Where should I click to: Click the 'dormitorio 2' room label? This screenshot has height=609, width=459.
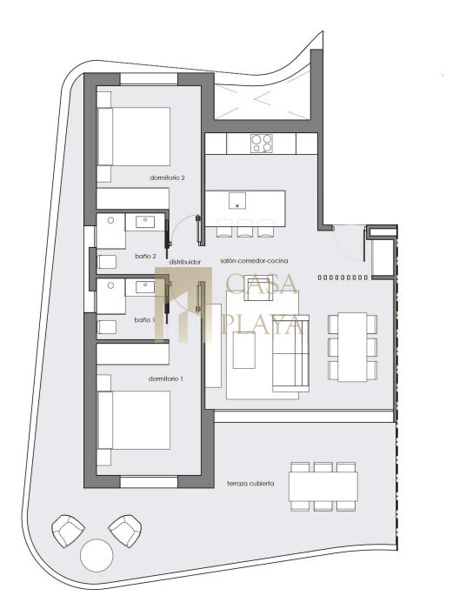point(167,177)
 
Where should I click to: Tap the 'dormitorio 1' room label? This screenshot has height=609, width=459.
point(166,378)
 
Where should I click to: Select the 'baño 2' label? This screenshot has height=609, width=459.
point(145,257)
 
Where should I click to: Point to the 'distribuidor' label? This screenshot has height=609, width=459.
point(185,262)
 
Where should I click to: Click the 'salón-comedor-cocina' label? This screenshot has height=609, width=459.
point(254,261)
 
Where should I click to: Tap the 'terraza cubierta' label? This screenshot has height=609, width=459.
point(250,484)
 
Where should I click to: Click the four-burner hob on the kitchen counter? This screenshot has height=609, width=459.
point(262,144)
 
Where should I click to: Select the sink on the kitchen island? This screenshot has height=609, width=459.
point(237,200)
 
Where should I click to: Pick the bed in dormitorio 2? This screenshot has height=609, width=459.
point(134,137)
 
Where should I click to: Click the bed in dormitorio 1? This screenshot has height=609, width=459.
point(134,420)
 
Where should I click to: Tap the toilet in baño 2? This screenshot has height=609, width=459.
point(107,262)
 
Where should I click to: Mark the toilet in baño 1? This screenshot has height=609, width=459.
point(107,327)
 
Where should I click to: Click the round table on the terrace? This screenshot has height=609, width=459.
point(96,555)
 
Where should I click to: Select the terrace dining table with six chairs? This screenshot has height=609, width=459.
point(323,486)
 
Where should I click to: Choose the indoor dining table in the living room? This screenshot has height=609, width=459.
point(352,347)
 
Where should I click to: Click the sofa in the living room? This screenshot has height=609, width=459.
point(290,353)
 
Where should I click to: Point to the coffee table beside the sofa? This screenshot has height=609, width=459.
point(244,351)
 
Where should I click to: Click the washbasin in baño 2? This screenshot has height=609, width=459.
point(145,222)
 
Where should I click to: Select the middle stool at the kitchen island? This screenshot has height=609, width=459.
point(245,228)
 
